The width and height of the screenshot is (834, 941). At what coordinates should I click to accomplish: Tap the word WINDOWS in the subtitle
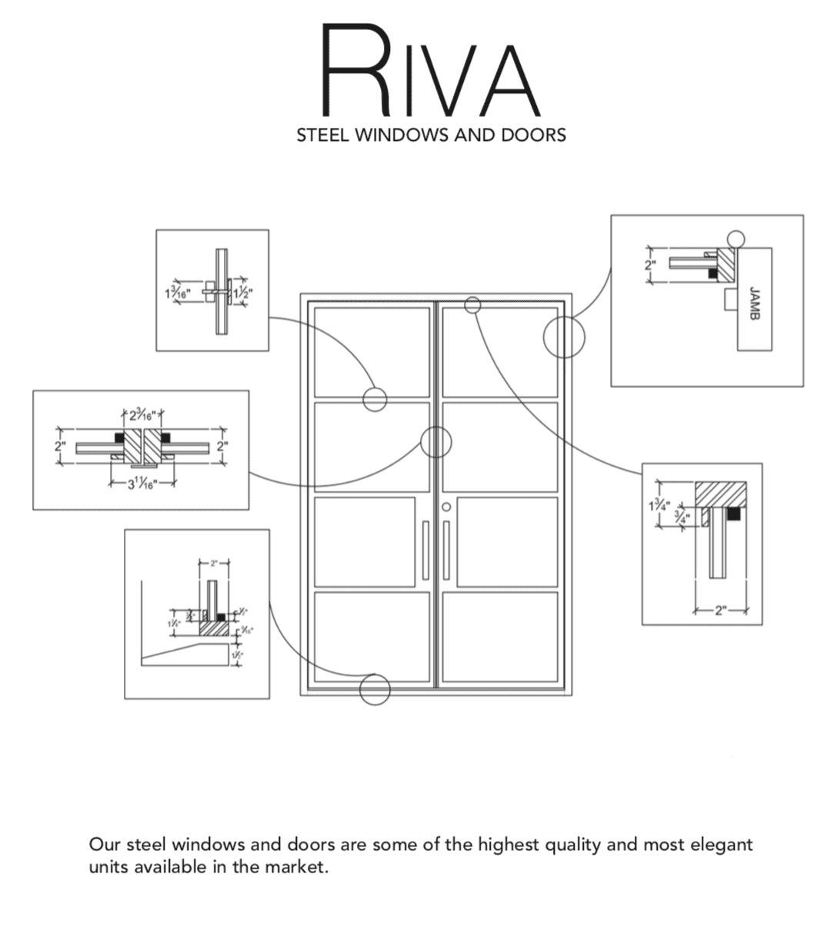pos(398,136)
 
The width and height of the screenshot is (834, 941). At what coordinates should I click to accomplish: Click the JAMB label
pos(754,303)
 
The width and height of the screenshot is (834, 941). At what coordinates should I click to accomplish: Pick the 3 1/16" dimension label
pos(141,484)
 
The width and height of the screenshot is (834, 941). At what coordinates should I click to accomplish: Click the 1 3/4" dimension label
pos(659,506)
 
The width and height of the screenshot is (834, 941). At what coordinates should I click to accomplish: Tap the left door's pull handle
pos(425,548)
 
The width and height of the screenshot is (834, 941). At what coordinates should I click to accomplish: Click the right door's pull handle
pos(446,548)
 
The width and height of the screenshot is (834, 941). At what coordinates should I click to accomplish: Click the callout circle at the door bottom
pos(375,689)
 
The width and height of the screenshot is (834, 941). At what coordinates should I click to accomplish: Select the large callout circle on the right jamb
pos(564,337)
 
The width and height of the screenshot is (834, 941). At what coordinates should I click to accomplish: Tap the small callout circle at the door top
pos(472,305)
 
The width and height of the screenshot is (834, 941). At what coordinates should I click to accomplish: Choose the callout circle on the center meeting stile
pos(435,442)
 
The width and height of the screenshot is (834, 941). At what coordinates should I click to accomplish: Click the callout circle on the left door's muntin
pos(375,399)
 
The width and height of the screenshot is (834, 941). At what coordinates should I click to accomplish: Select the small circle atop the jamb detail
pos(736,239)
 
